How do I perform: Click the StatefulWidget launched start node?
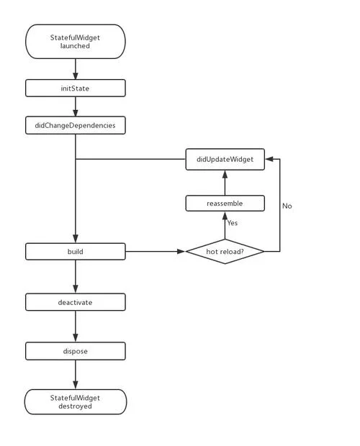click(76, 42)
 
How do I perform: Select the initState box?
click(76, 88)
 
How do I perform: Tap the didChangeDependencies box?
click(76, 125)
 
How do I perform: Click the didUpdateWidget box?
click(225, 159)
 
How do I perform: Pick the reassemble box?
click(225, 204)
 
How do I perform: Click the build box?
click(76, 252)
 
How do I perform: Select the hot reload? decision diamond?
click(225, 252)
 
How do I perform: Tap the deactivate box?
click(76, 302)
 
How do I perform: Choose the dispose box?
click(76, 351)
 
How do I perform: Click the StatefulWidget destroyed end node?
click(76, 401)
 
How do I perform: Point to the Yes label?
click(233, 223)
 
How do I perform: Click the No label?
click(287, 206)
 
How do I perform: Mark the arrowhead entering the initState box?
click(76, 76)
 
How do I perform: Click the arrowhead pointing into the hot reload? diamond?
click(181, 252)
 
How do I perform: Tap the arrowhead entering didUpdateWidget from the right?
click(269, 159)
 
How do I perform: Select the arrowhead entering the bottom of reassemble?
click(225, 215)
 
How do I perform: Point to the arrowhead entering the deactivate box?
click(76, 289)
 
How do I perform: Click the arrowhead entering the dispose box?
click(76, 338)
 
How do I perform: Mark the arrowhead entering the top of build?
click(76, 239)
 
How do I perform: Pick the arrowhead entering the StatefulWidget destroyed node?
click(76, 386)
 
